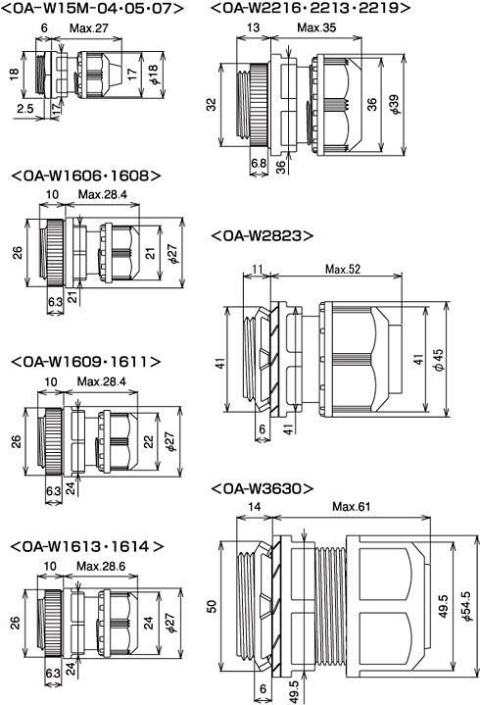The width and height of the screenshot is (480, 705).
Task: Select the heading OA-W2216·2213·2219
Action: coord(311,8)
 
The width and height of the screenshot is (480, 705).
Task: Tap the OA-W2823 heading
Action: coord(262,235)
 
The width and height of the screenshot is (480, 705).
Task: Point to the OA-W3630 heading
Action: coord(263,488)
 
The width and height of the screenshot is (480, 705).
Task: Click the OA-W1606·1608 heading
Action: coord(85,176)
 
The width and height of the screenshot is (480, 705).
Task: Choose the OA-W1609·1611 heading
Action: coord(85,362)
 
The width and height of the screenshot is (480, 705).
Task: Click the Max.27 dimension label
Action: coord(89,27)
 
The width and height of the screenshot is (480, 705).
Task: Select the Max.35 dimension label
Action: coord(316,27)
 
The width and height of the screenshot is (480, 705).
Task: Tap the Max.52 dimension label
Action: coord(343,270)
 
